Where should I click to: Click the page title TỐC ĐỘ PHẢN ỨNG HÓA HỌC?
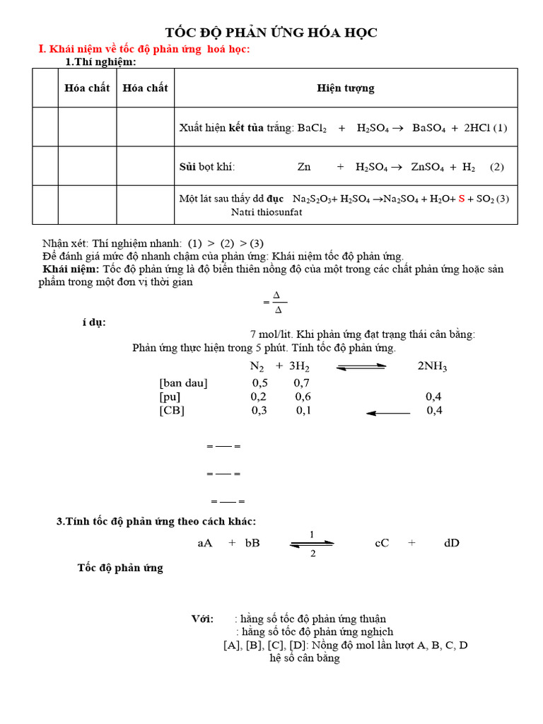271,33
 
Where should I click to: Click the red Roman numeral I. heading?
41,49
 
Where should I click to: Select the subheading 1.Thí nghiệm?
100,62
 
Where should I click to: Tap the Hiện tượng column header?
346,88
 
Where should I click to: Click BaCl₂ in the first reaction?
312,128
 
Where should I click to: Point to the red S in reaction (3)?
462,199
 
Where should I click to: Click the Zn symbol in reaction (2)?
304,167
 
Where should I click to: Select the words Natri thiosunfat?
267,212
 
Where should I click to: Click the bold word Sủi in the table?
187,167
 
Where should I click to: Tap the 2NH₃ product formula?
432,366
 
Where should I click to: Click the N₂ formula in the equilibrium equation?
257,366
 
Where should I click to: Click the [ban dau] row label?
183,383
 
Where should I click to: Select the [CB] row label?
172,410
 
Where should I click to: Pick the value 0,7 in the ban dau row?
302,383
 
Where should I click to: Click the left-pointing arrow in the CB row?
387,412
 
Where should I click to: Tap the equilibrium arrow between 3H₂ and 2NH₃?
361,366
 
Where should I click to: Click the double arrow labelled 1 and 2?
312,543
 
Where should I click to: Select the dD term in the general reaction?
452,543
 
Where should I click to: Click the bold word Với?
202,619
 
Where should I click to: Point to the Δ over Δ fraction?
277,302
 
